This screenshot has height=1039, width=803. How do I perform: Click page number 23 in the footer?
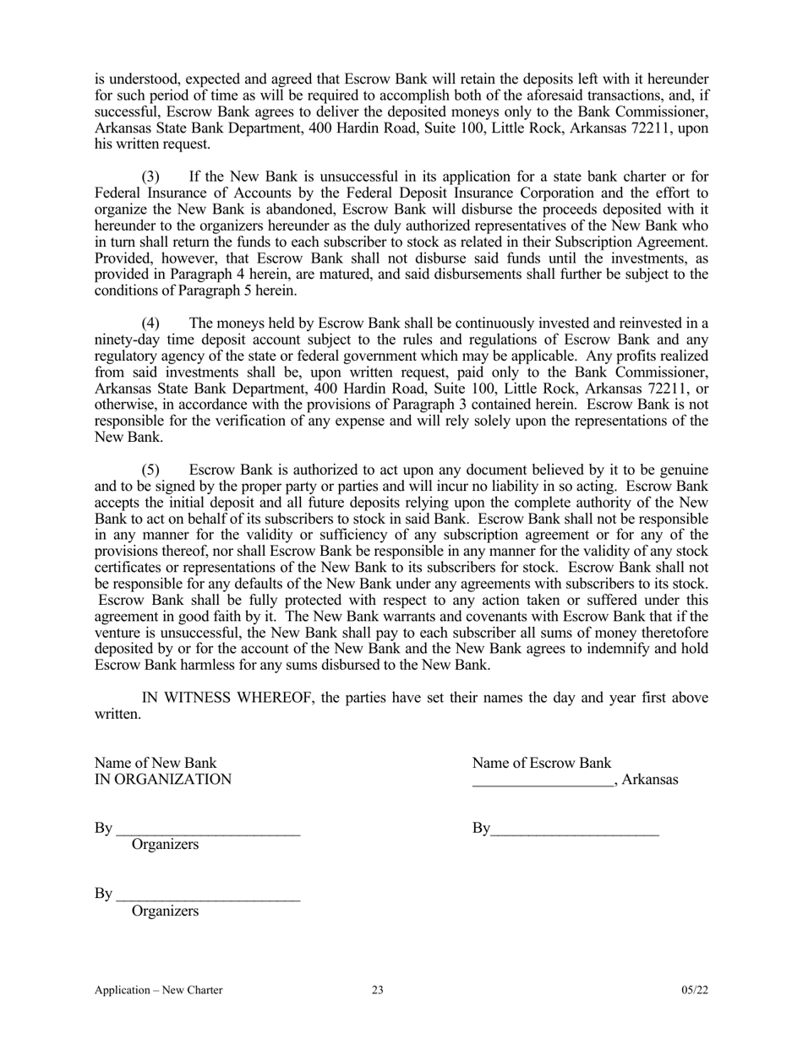pyautogui.click(x=378, y=990)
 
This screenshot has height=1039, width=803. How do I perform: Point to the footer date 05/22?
pyautogui.click(x=695, y=990)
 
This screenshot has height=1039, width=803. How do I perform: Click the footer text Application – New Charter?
pyautogui.click(x=159, y=990)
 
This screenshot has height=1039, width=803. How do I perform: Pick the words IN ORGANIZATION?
pyautogui.click(x=162, y=779)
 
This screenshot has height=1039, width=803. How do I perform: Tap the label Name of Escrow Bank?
pyautogui.click(x=542, y=763)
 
